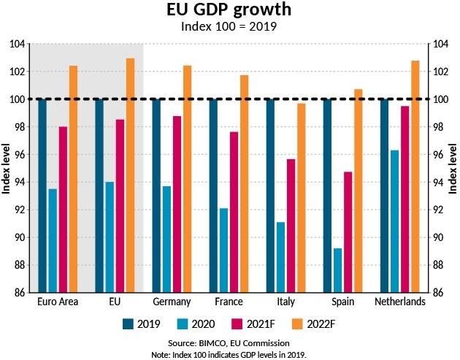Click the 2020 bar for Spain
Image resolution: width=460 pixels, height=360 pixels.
(x=337, y=270)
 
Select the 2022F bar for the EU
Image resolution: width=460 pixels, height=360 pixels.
(x=130, y=175)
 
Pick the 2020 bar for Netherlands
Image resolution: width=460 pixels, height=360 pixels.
(x=395, y=221)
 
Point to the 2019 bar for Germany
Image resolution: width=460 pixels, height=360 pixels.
(x=156, y=196)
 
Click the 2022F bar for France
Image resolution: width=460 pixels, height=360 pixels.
(x=245, y=184)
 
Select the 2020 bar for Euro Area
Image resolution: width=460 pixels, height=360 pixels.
(x=53, y=240)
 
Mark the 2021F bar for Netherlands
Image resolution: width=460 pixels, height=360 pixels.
(x=405, y=199)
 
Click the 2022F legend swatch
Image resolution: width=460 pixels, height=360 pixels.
(x=298, y=324)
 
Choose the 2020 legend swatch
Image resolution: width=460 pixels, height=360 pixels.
(x=183, y=324)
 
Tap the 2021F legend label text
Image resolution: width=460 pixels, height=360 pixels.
(x=261, y=324)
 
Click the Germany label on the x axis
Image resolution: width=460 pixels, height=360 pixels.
(x=172, y=302)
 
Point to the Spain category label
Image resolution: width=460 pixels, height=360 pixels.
(x=343, y=302)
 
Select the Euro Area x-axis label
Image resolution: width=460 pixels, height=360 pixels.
(x=58, y=302)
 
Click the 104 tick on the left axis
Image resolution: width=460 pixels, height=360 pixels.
(x=18, y=45)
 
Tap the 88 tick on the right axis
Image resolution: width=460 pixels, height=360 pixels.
(x=441, y=265)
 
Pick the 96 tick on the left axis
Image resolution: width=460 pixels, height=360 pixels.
(x=18, y=155)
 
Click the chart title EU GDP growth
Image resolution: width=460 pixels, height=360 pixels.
(x=229, y=9)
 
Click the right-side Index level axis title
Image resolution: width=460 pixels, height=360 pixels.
(x=453, y=169)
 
